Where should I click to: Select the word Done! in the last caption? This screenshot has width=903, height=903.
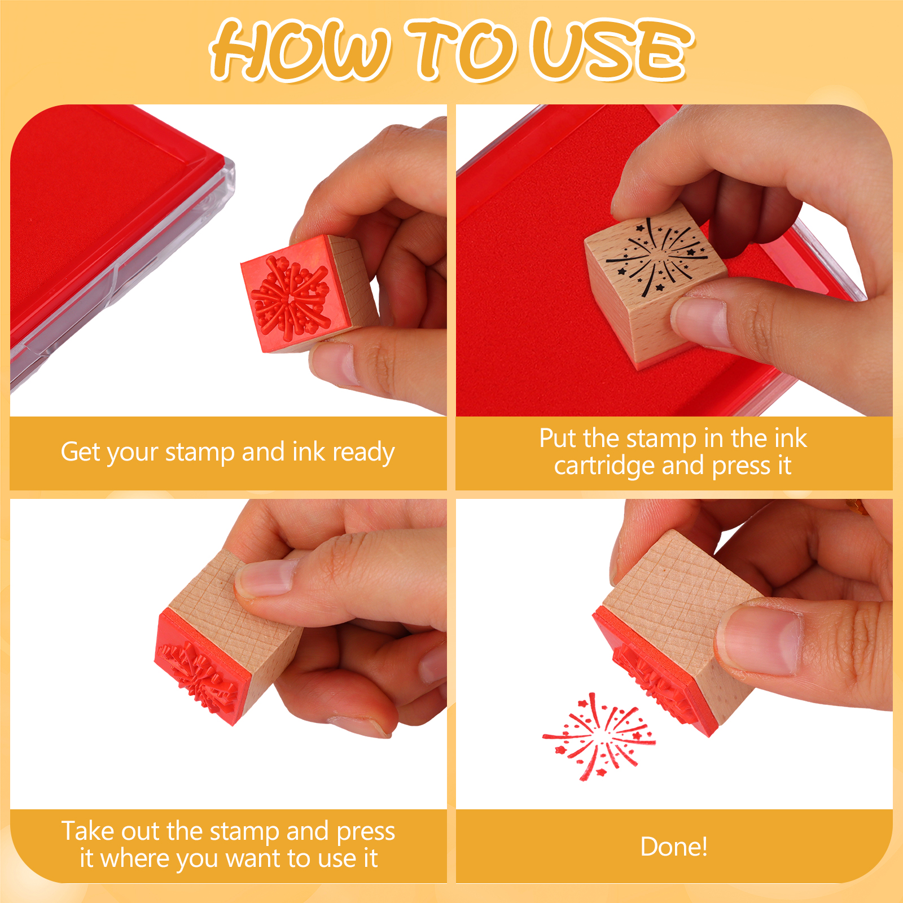[674, 847]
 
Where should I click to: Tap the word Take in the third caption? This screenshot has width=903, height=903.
[87, 831]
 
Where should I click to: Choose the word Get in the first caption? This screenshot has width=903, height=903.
[80, 453]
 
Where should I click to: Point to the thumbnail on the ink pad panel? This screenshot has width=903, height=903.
[700, 322]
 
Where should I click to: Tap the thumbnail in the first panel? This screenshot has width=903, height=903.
[333, 364]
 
